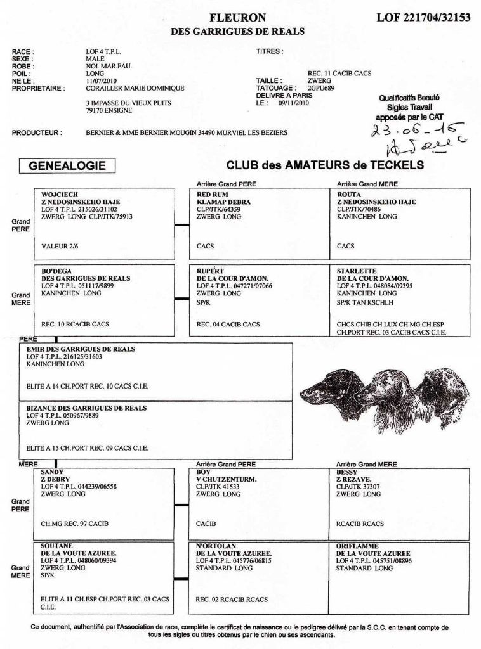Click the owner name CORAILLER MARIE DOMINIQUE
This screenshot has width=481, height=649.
(135, 88)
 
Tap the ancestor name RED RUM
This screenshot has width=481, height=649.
(213, 195)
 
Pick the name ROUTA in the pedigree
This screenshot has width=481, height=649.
(349, 195)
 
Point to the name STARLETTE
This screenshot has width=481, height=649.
(355, 271)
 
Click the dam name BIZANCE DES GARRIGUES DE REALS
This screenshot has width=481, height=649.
(86, 409)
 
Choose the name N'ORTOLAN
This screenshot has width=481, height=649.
(216, 546)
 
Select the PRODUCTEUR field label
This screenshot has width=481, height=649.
(37, 133)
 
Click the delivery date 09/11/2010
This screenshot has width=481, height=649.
(293, 102)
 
